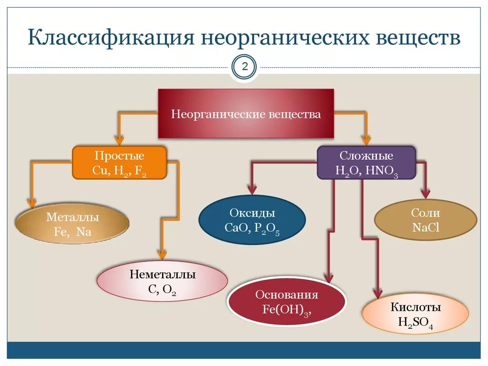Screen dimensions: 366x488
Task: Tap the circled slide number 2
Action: pyautogui.click(x=244, y=66)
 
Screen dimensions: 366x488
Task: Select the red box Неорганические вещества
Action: pyautogui.click(x=246, y=115)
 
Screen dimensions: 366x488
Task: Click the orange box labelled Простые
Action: pyautogui.click(x=120, y=163)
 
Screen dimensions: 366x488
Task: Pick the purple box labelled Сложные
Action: pyautogui.click(x=366, y=163)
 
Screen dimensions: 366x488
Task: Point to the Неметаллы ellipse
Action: pyautogui.click(x=163, y=282)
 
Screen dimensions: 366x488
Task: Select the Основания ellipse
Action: pyautogui.click(x=287, y=301)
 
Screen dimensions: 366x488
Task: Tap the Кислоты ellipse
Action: pyautogui.click(x=416, y=314)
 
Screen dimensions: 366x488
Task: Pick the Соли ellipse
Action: pyautogui.click(x=426, y=220)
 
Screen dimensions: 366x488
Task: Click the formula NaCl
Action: pyautogui.click(x=426, y=228)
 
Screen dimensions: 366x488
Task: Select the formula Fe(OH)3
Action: pyautogui.click(x=286, y=309)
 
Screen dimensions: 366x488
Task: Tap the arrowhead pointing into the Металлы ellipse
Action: pyautogui.click(x=32, y=203)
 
